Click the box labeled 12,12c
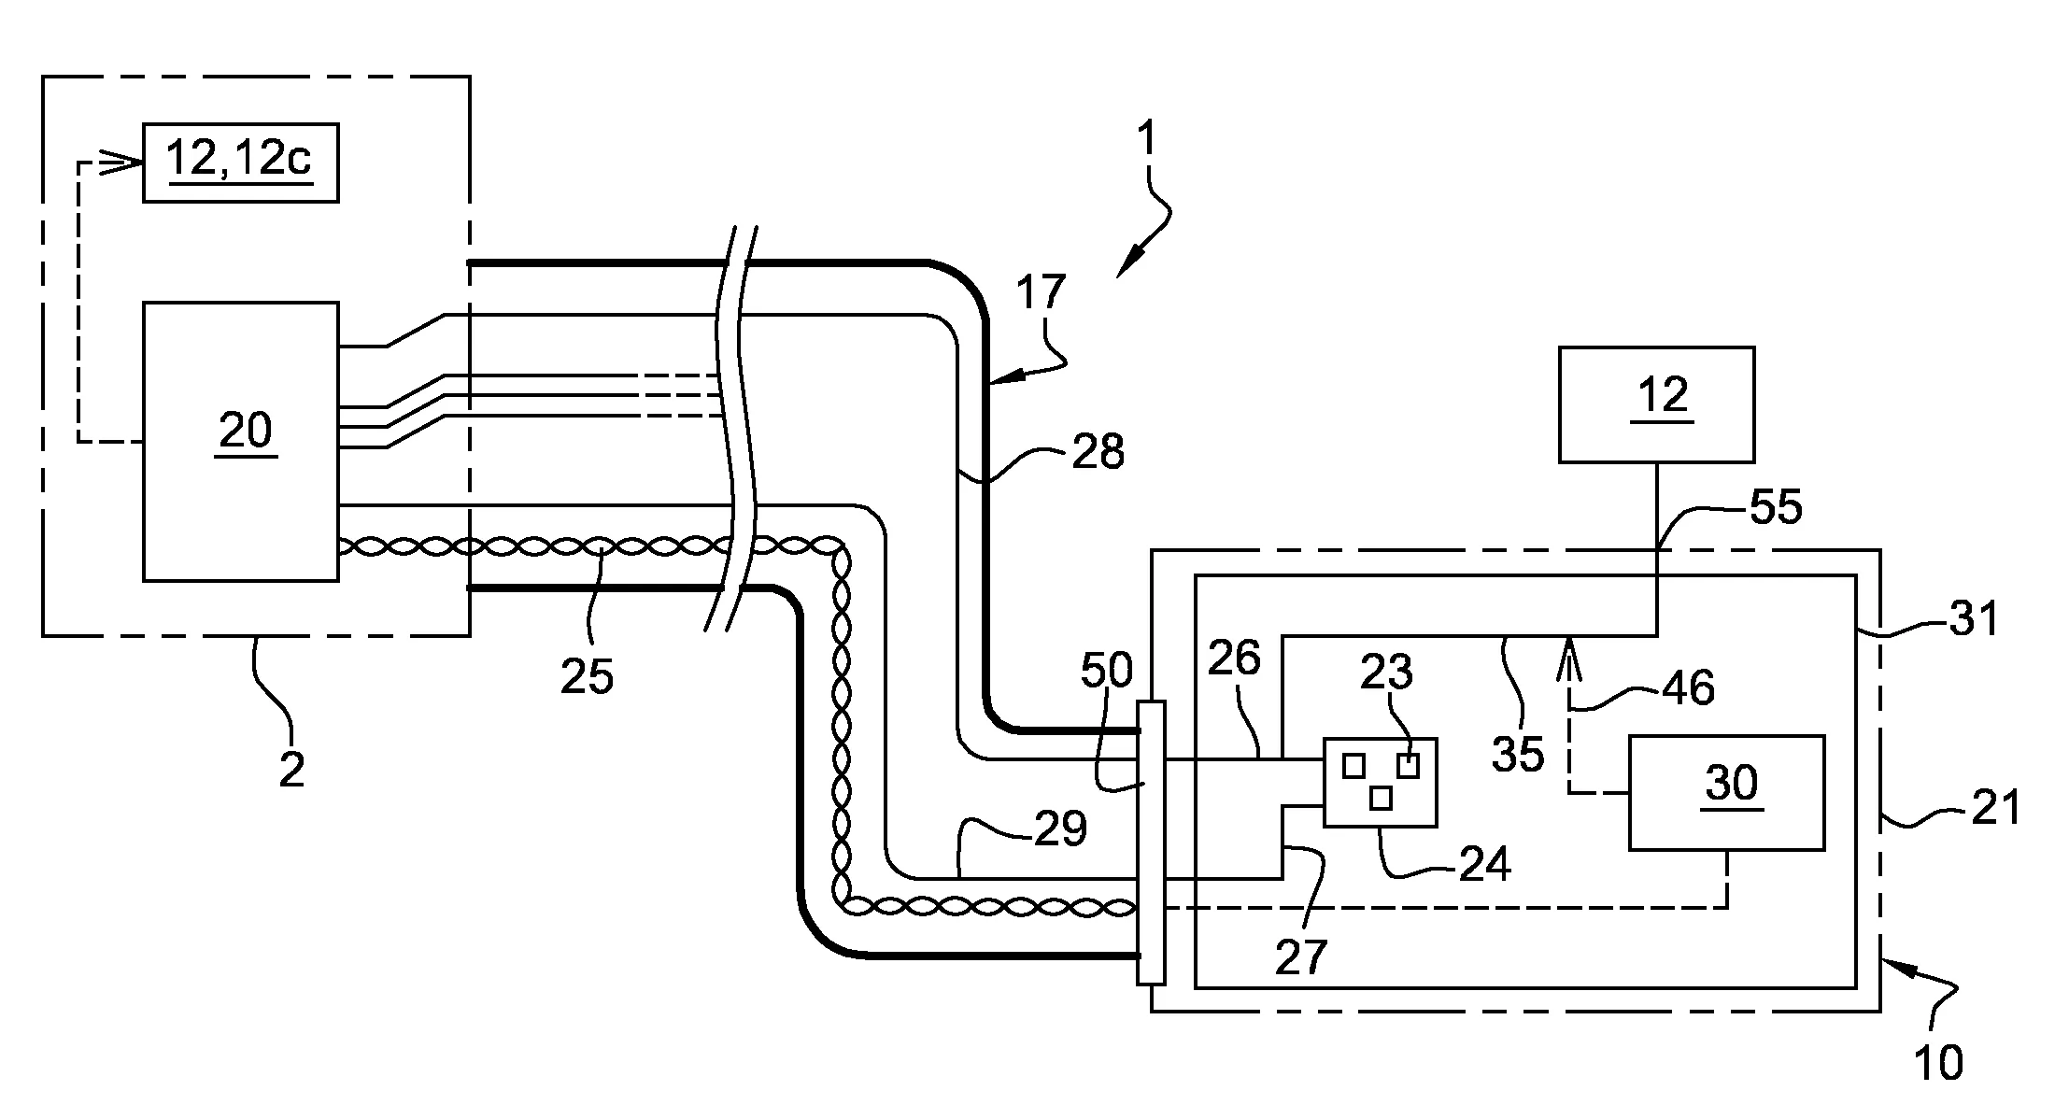point(240,163)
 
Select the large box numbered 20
point(240,441)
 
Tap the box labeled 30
point(1726,792)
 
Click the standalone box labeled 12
point(1656,404)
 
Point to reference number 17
point(1041,291)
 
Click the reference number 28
point(1098,452)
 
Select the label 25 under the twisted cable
point(587,675)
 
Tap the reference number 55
point(1774,507)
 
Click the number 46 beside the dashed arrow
point(1689,687)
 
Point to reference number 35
point(1517,754)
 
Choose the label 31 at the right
point(1971,617)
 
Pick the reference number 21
point(1995,806)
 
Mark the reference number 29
point(1061,829)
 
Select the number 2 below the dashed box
point(291,770)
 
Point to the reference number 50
point(1107,669)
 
